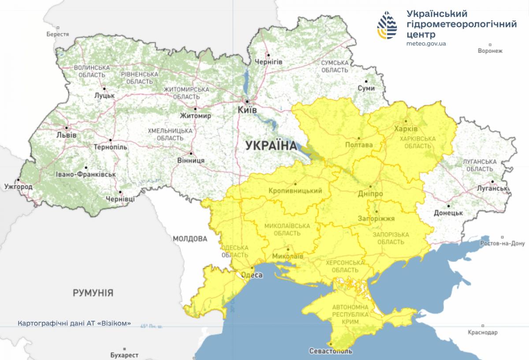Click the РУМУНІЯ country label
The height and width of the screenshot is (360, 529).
click(x=93, y=292)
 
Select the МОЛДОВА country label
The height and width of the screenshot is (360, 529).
click(x=190, y=239)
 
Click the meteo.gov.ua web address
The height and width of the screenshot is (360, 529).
click(x=427, y=43)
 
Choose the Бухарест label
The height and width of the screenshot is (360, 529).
click(x=124, y=355)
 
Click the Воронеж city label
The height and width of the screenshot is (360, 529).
click(x=490, y=51)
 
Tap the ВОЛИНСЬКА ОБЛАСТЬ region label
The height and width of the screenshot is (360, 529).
click(x=92, y=71)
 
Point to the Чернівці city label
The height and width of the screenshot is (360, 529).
click(x=120, y=199)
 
